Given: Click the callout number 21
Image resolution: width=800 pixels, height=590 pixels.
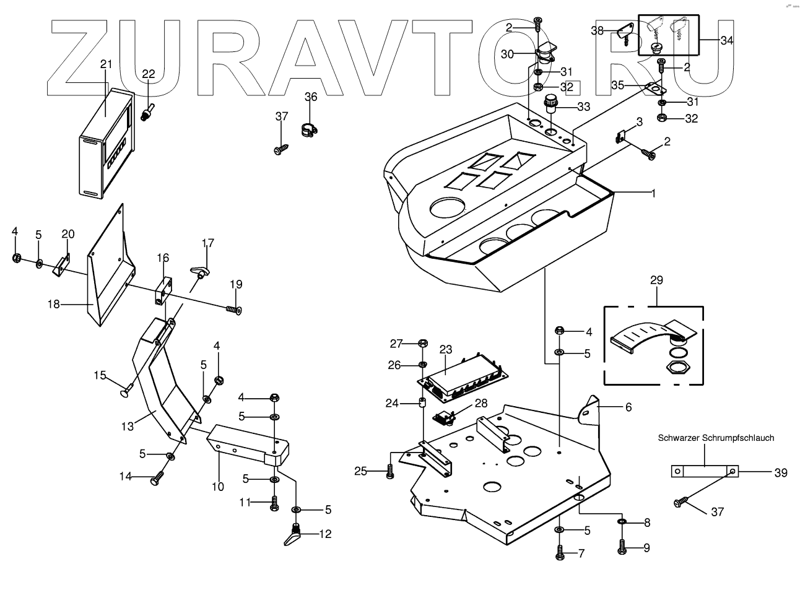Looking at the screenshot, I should (106, 64).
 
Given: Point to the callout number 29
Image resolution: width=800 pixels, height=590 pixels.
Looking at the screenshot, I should (656, 280).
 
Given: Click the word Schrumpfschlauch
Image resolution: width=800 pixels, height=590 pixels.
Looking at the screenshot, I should (737, 438).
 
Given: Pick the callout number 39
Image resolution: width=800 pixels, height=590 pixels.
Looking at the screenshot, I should (780, 473).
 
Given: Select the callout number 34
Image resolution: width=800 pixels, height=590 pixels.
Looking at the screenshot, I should (727, 40).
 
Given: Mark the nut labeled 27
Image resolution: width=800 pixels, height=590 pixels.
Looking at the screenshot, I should (424, 344).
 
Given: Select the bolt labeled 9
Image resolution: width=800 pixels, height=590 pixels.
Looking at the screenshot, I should (622, 547).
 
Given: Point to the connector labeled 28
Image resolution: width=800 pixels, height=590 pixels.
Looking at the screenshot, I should (445, 419).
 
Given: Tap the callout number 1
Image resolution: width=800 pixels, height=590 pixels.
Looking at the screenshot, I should (653, 193).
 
